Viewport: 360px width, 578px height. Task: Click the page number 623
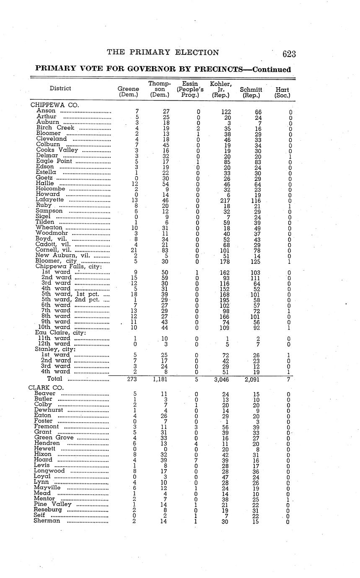point(289,54)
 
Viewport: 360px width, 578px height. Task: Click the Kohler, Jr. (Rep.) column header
point(221,90)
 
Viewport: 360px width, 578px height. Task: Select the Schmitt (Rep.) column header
point(251,92)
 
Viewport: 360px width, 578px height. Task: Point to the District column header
point(60,88)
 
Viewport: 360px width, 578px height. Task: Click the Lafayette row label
point(49,200)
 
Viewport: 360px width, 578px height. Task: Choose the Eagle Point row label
point(54,161)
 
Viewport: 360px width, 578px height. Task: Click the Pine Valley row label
point(53,504)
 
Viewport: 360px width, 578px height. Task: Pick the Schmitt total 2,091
point(252,379)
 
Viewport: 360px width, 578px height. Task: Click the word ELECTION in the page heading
point(197,52)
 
